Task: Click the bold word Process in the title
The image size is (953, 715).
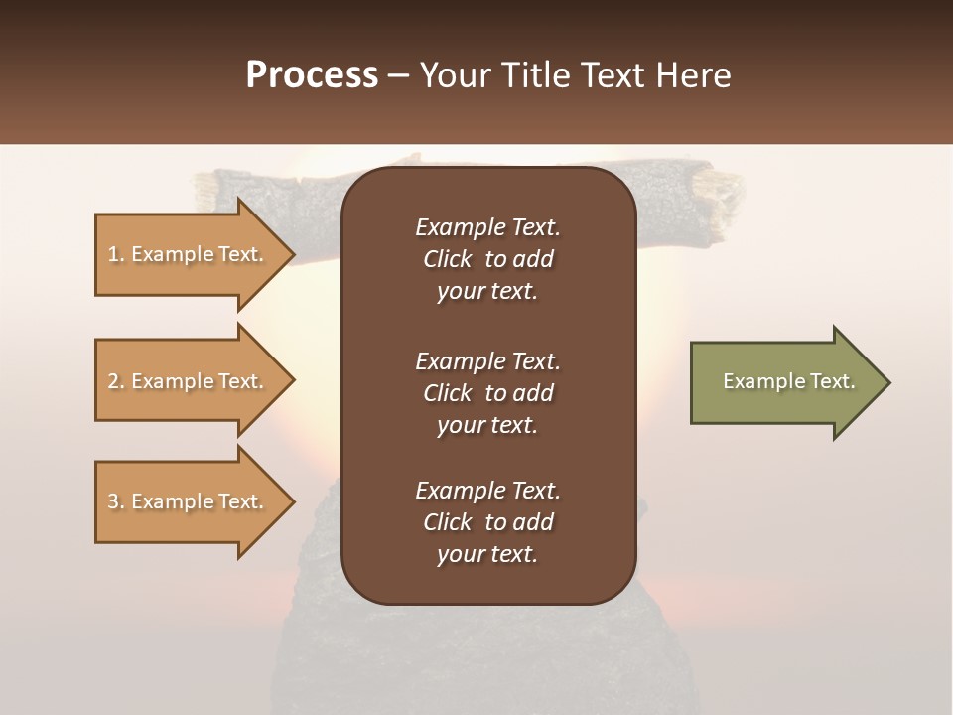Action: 312,75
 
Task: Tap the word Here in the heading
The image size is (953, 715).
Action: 693,75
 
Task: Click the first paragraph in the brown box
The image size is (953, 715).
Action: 487,259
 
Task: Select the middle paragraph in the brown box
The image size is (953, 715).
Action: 487,393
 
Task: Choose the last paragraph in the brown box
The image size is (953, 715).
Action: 487,522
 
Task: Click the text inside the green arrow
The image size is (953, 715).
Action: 788,381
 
